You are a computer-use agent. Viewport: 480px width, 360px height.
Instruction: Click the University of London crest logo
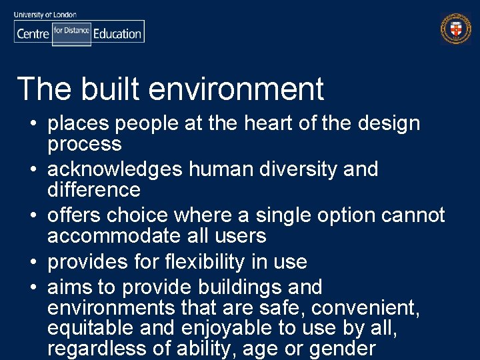(x=456, y=29)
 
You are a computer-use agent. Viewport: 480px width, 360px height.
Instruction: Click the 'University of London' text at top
(x=45, y=14)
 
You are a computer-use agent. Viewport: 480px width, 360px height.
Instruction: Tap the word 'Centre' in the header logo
(x=33, y=33)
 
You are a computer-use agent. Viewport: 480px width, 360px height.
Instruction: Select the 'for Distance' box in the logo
(x=71, y=31)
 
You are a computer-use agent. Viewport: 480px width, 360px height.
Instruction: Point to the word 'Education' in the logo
(x=117, y=33)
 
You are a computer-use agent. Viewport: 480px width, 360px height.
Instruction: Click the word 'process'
(x=84, y=145)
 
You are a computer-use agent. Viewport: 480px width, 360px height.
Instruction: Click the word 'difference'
(x=93, y=190)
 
